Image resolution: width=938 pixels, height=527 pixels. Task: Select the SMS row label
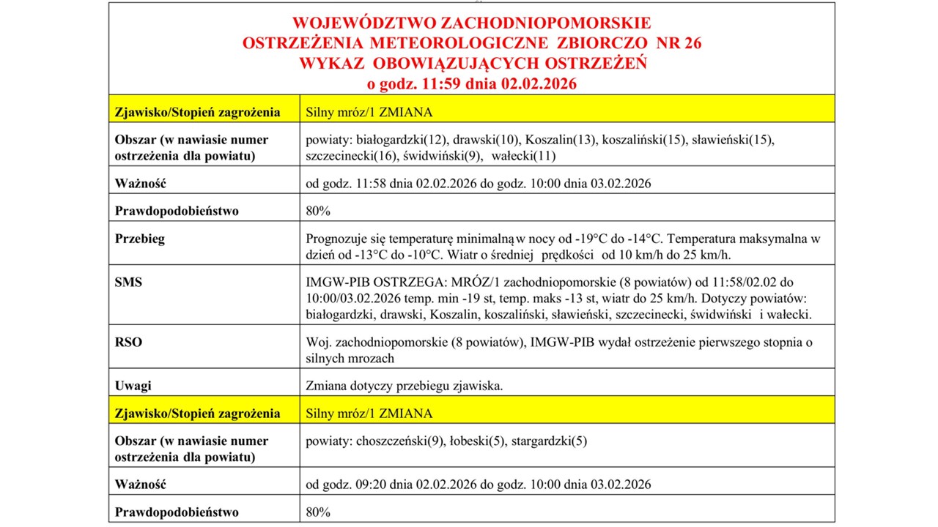[128, 282]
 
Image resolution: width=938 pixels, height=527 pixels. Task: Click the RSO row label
[128, 341]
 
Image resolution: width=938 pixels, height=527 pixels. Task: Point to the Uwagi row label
[133, 386]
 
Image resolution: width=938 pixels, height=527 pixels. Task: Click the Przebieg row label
[140, 239]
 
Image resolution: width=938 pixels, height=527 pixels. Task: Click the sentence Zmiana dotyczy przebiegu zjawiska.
[404, 386]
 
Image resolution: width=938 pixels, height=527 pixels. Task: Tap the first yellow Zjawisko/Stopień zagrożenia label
[197, 112]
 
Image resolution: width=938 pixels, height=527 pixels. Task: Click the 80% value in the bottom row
[318, 512]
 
